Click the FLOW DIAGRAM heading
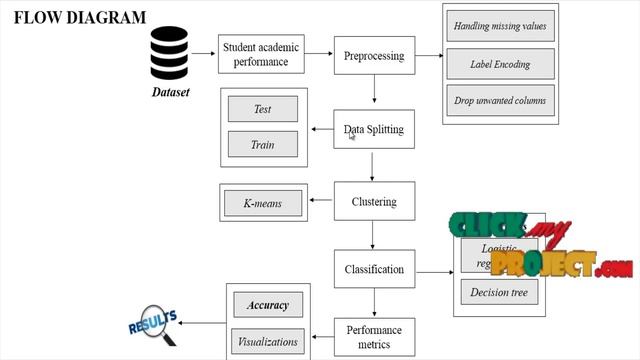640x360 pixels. (x=80, y=18)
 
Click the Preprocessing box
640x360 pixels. (x=373, y=56)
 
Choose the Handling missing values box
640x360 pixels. (x=500, y=26)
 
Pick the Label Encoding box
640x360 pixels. (x=500, y=64)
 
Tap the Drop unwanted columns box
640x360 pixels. (x=500, y=101)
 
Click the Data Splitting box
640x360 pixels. (x=373, y=129)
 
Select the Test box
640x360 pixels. (x=263, y=109)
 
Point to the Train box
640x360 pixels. (x=263, y=145)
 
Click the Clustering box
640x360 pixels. (x=373, y=201)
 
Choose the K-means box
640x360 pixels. (x=263, y=204)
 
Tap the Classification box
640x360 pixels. (x=373, y=269)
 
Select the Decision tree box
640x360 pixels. (x=500, y=292)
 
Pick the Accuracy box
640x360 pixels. (x=268, y=305)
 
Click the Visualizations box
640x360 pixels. (x=268, y=341)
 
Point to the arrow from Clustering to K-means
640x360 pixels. (x=322, y=202)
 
